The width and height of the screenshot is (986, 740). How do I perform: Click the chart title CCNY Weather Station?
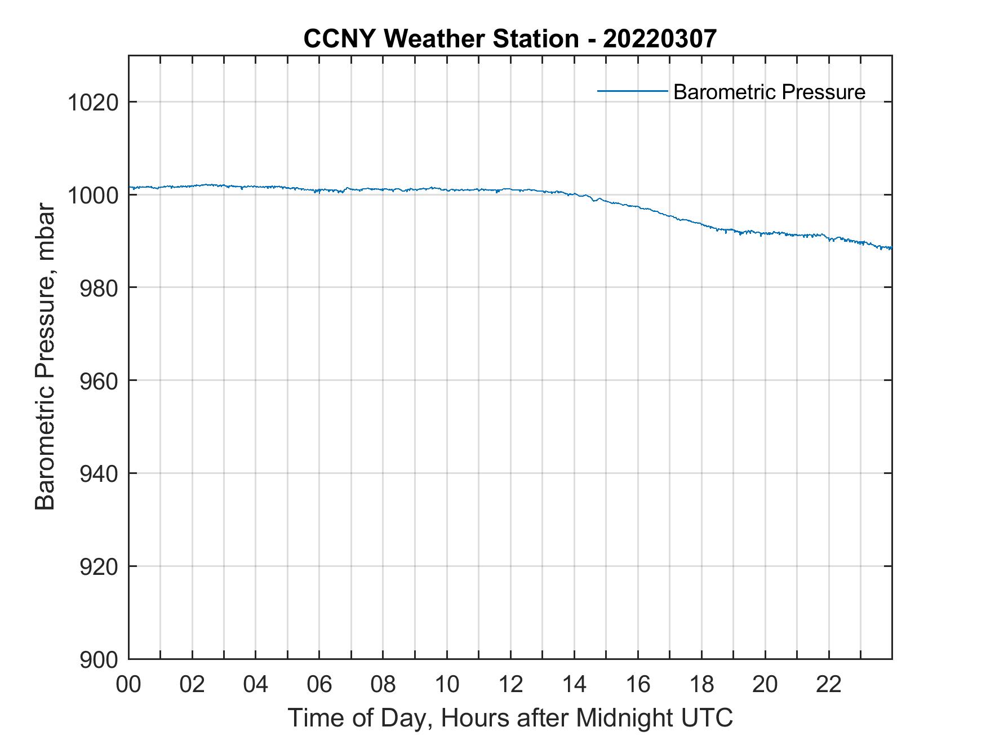tap(441, 39)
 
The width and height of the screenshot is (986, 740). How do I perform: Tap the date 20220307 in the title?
tap(660, 39)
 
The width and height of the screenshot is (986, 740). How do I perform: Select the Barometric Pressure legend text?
tap(769, 92)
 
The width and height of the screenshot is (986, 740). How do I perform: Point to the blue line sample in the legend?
tap(632, 91)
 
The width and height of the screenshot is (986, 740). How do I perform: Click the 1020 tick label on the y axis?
tap(92, 103)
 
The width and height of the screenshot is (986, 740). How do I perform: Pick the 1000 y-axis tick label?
tap(92, 196)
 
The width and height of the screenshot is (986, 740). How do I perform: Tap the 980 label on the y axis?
tap(99, 288)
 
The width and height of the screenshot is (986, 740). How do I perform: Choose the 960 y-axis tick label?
tap(99, 381)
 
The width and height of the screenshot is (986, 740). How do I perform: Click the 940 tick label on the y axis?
tap(99, 474)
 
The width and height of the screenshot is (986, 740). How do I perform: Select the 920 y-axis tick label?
tap(99, 566)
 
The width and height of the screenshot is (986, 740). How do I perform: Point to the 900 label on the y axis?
tap(99, 659)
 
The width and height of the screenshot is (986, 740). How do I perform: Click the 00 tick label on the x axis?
tap(128, 684)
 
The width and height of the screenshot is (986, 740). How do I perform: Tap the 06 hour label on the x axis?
tap(319, 684)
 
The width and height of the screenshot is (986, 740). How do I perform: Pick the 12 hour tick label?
tap(510, 684)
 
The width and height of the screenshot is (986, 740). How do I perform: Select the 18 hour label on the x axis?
tap(701, 684)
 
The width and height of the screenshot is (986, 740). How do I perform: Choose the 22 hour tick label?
tap(829, 684)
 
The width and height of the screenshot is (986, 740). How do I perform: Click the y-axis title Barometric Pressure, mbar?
tap(45, 357)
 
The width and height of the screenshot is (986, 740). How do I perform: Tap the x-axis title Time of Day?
tap(510, 718)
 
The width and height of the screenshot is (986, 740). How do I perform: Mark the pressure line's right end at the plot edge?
tap(891, 248)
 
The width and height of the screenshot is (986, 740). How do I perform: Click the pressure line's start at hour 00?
tap(130, 187)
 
